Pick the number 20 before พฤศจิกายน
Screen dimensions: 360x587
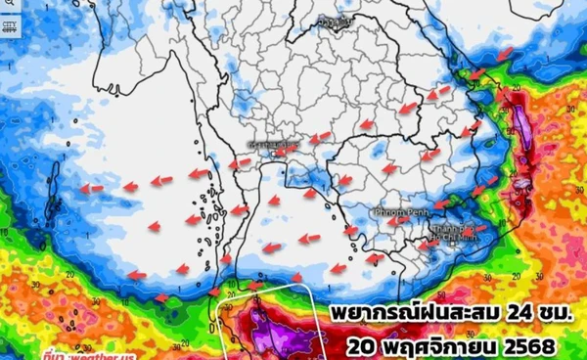pos(361,346)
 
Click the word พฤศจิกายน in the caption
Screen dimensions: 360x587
pos(434,346)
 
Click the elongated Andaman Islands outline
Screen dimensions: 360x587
pos(53,196)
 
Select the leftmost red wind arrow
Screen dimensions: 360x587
pos(91,188)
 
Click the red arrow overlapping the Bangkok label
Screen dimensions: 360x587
pos(285,151)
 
